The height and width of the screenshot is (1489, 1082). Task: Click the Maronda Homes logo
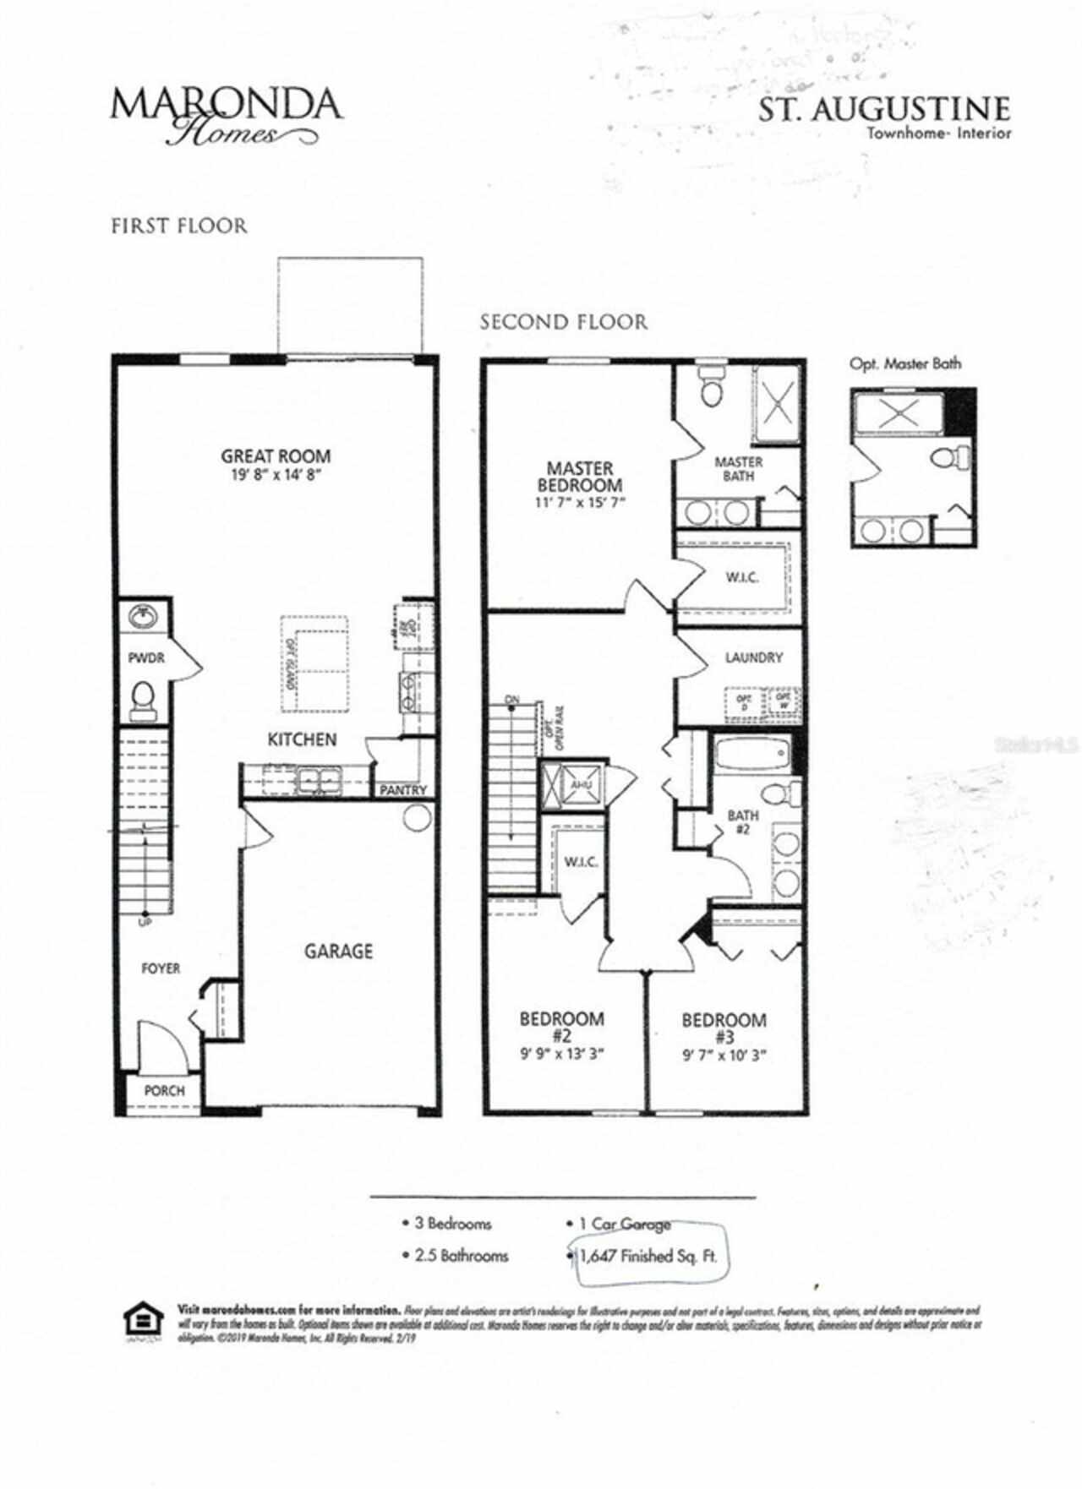(x=226, y=115)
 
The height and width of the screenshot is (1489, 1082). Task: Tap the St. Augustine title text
(x=883, y=110)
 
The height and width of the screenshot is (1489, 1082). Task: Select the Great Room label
(x=276, y=456)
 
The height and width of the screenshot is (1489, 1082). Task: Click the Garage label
(x=338, y=952)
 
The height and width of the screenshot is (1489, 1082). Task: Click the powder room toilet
(x=145, y=698)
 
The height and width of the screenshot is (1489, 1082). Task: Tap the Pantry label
(x=403, y=790)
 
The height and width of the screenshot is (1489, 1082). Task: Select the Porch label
(x=164, y=1091)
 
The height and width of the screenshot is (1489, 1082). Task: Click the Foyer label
(x=161, y=968)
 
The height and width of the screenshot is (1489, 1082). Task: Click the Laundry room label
(x=753, y=657)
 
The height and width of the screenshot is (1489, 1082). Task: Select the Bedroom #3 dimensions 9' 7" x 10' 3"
(x=724, y=1055)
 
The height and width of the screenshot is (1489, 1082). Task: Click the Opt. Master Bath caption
(x=905, y=364)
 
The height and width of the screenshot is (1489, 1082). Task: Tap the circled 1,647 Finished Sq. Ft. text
(x=648, y=1257)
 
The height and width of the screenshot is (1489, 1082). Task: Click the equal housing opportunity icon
(x=143, y=1323)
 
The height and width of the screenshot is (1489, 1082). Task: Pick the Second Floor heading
(x=564, y=322)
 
